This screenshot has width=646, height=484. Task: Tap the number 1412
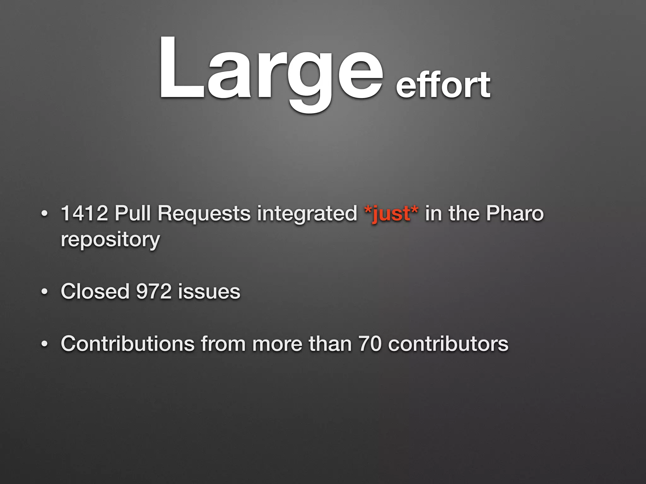(x=84, y=213)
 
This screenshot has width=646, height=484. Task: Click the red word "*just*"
(x=391, y=214)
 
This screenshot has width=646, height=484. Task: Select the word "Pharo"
(x=515, y=213)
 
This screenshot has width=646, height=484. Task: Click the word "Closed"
(x=95, y=291)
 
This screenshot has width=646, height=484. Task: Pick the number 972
(x=154, y=291)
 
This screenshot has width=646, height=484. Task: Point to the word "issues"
(x=209, y=291)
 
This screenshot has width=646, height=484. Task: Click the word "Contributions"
(x=127, y=343)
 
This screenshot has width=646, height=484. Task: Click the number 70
(x=370, y=343)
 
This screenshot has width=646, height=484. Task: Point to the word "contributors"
(x=448, y=343)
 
